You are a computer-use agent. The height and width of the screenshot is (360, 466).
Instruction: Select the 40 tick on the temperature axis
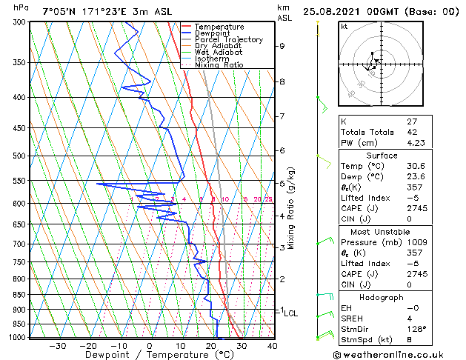[x=272, y=346]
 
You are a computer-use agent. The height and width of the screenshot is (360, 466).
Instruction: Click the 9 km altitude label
[x=282, y=46]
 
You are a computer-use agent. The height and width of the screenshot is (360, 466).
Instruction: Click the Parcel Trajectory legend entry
[x=228, y=40]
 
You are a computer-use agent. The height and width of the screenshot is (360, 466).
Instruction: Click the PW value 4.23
[x=415, y=144]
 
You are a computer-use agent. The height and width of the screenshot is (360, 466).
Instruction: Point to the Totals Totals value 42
[x=410, y=133]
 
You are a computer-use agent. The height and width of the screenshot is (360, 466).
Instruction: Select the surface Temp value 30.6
[x=415, y=167]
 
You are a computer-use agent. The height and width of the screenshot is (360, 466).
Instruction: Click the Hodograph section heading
[x=382, y=297]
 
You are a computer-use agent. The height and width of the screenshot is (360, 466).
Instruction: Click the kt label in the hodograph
[x=344, y=26]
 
